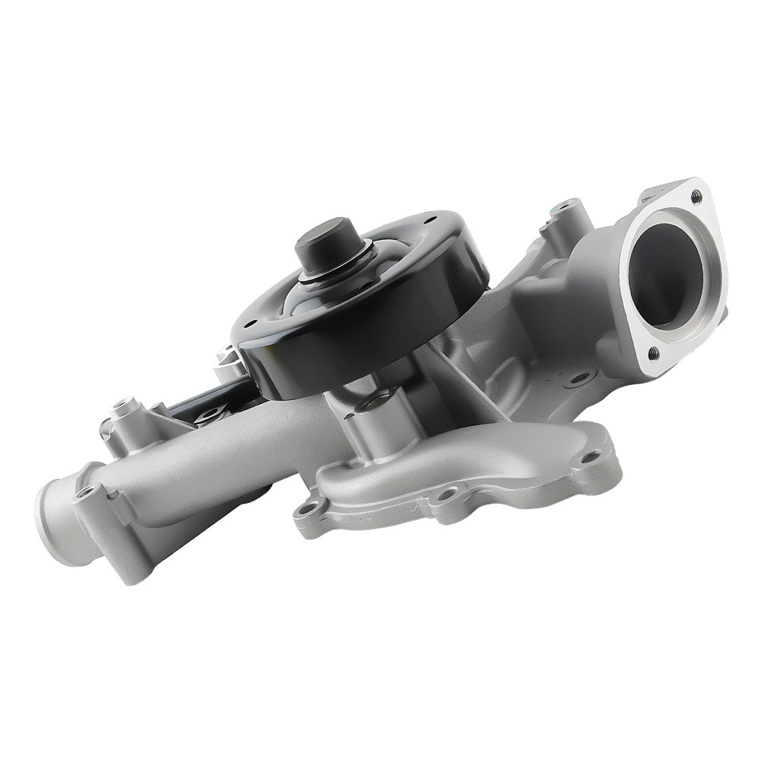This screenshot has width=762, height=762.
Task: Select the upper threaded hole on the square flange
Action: [x=695, y=196]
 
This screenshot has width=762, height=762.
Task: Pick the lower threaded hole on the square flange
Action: [x=652, y=352]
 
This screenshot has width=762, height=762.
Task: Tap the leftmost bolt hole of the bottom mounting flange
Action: [x=307, y=509]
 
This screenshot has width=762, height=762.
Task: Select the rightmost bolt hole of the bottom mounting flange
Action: [x=589, y=457]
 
